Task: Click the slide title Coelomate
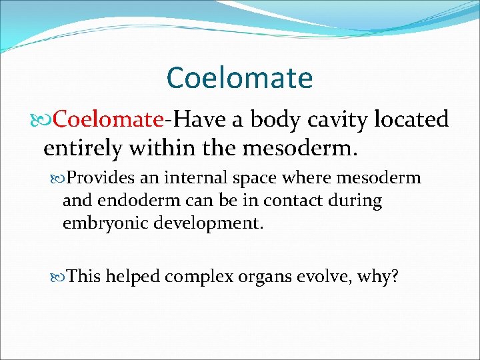coord(239,77)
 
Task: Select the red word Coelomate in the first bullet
coord(108,119)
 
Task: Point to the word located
coord(411,119)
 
